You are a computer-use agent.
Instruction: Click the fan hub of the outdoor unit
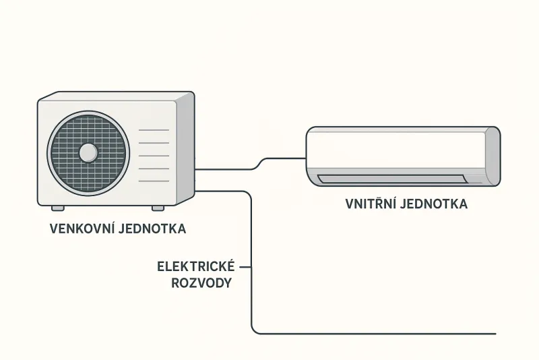[x=88, y=152]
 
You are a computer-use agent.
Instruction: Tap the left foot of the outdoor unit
[x=58, y=208]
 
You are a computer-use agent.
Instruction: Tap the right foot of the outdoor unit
[x=158, y=208]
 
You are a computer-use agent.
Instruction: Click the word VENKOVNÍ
[x=82, y=229]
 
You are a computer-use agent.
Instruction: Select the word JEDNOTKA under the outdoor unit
[x=152, y=229]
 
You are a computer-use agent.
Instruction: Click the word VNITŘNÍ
[x=371, y=203]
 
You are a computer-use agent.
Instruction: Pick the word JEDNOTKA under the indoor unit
[x=434, y=204]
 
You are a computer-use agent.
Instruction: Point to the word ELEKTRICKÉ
[x=196, y=266]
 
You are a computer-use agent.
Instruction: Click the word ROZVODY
[x=201, y=283]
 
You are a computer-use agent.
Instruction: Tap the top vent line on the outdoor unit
[x=154, y=130]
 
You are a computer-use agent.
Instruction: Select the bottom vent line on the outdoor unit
[x=154, y=181]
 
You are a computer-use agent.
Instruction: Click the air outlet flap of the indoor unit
[x=392, y=179]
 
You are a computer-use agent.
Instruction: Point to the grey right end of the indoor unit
[x=493, y=156]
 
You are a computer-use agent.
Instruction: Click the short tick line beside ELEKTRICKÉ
[x=245, y=267]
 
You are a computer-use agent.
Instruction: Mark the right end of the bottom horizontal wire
[x=496, y=334]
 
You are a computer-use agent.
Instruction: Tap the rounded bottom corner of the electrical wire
[x=254, y=331]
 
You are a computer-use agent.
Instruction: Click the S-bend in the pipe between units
[x=259, y=164]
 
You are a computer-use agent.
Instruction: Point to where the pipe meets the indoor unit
[x=306, y=158]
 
